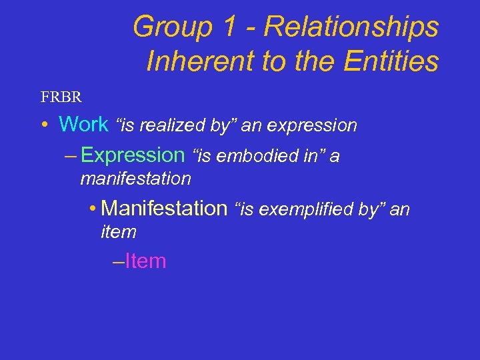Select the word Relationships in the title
(x=351, y=27)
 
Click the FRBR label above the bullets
(x=61, y=97)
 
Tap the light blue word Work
(x=83, y=124)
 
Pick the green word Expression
(x=132, y=155)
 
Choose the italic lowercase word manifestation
(x=135, y=179)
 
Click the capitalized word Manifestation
(x=164, y=209)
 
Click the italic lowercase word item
(x=118, y=232)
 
